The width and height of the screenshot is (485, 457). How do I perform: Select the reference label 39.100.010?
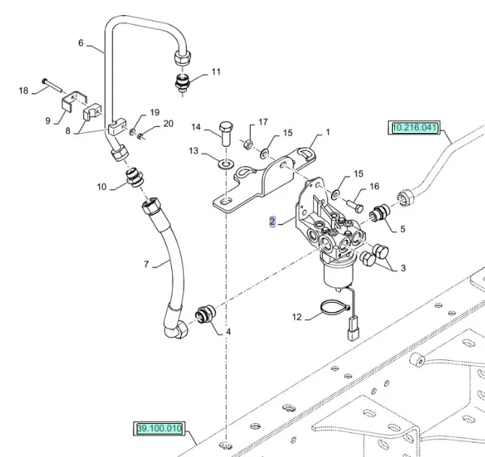(x=159, y=429)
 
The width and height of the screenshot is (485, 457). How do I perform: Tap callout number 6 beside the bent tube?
(x=81, y=44)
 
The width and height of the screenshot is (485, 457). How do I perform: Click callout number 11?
(x=216, y=72)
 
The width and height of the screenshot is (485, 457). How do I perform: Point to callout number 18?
(x=23, y=91)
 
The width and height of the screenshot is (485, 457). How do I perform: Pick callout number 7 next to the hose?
(x=147, y=264)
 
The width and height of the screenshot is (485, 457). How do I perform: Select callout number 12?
(x=297, y=317)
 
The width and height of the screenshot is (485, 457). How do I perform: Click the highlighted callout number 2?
(x=273, y=222)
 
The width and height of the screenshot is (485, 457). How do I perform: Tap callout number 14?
(x=196, y=126)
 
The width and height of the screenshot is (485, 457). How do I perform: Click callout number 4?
(x=228, y=332)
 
